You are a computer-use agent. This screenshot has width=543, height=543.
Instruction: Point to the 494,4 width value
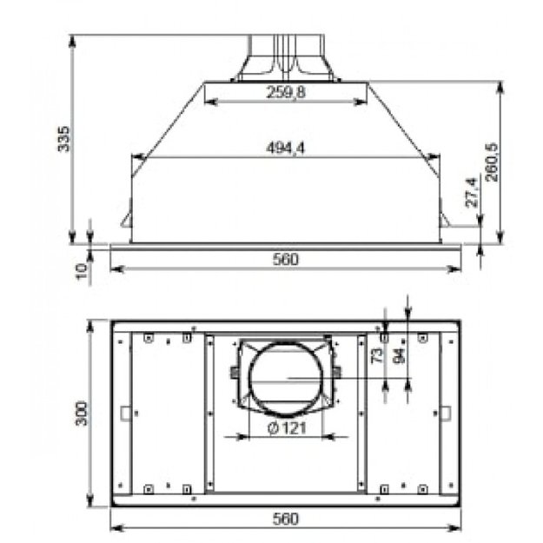coord(286,149)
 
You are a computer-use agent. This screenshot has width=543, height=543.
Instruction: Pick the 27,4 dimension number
coord(472,193)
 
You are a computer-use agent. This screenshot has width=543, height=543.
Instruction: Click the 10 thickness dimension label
coord(80,271)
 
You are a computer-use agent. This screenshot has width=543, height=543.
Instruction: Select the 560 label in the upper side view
coord(286,259)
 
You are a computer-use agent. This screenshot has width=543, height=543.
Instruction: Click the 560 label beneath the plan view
coord(286,519)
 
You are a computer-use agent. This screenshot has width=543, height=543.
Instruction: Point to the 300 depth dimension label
coord(81,414)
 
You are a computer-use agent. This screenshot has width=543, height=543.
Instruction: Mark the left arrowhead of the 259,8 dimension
coord(209,102)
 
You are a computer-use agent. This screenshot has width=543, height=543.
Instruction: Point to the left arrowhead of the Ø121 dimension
coord(253,434)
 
